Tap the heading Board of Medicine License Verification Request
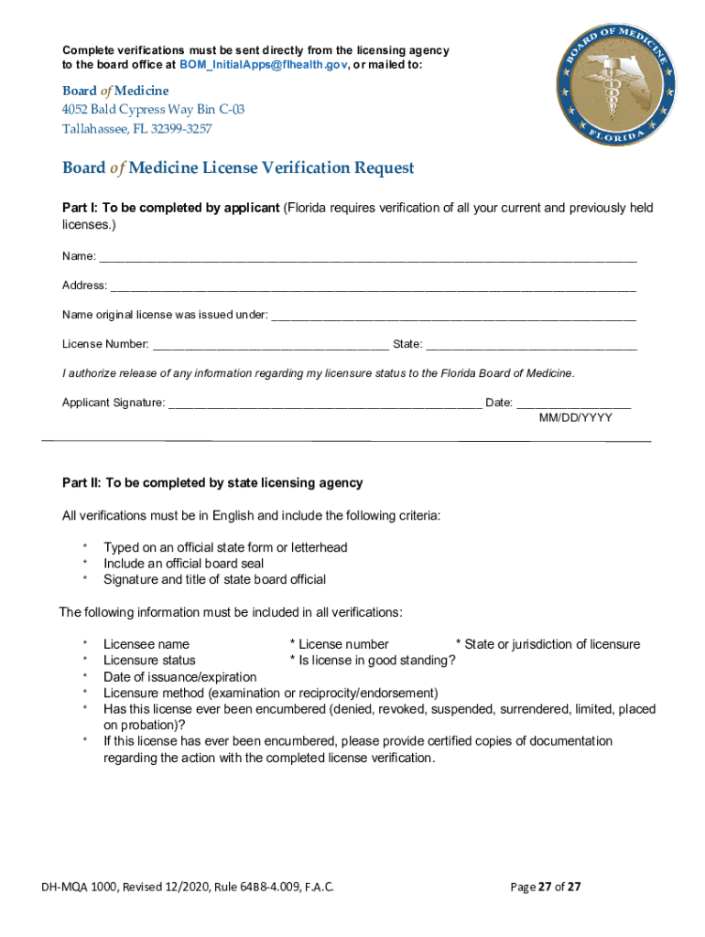238,168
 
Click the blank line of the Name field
366,257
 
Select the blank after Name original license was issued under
453,316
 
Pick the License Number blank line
270,345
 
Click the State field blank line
531,345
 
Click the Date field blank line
573,404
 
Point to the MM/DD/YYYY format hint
575,417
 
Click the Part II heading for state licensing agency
212,482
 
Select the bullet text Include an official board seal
183,564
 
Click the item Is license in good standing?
373,660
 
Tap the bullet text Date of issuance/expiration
179,676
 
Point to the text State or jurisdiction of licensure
552,644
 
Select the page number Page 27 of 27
545,887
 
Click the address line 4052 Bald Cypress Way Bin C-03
153,110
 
